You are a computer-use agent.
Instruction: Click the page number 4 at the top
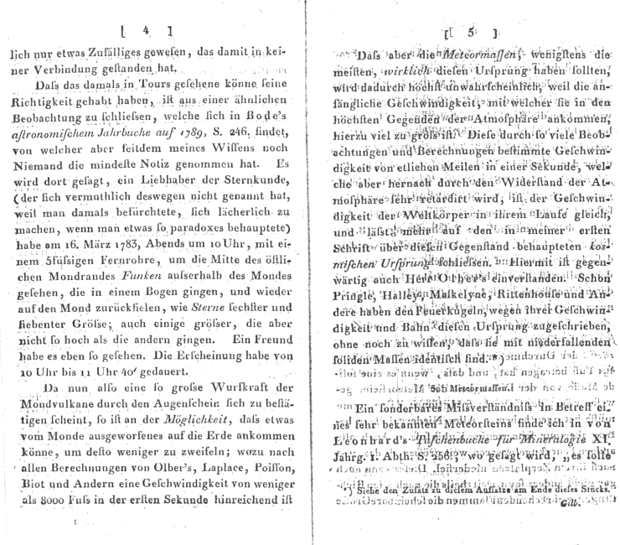click(x=146, y=32)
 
